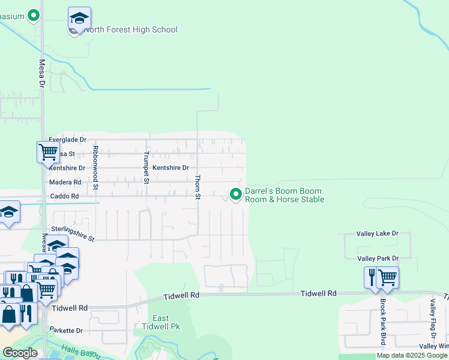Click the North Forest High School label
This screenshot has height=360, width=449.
coord(131,29)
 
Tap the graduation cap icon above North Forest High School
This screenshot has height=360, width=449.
coord(79,17)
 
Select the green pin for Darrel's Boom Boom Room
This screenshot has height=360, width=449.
coord(236,194)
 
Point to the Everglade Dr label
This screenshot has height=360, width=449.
coord(68,139)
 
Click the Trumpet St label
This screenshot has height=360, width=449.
coord(146,167)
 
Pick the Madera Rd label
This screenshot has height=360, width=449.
coord(65,182)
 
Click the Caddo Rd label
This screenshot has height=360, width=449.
coord(64,196)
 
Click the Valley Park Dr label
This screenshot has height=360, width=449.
coord(378,258)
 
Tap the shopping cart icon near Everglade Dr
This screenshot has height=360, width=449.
coord(47,151)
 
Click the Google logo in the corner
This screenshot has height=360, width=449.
coord(20,353)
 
